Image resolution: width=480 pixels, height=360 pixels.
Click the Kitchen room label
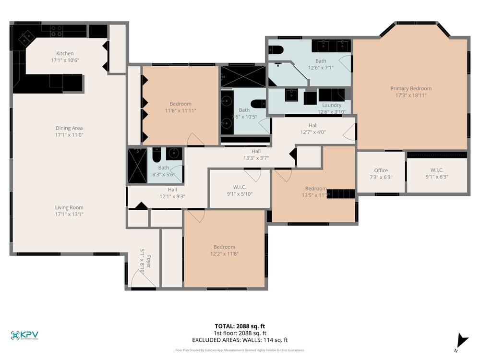pos(65,53)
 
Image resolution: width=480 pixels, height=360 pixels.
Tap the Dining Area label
pos(69,128)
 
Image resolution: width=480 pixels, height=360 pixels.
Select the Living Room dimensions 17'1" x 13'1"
pos(69,214)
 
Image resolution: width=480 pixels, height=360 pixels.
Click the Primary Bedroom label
pos(410,88)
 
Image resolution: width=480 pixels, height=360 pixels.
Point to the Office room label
pos(381,170)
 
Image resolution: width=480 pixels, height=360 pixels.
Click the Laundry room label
pos(332,105)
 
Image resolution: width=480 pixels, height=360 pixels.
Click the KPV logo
pos(24,336)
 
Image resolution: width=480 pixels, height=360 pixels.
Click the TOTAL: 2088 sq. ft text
pos(240,326)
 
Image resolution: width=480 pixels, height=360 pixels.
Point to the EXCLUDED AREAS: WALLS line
pos(240,340)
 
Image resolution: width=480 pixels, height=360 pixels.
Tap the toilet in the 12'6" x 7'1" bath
pos(276,50)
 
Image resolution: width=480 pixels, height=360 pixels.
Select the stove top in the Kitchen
pos(57,31)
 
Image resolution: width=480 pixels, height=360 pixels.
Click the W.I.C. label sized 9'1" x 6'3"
pos(437,170)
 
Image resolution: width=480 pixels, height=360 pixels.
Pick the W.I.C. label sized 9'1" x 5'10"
pos(240,187)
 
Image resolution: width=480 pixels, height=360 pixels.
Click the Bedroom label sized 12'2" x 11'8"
pos(224,247)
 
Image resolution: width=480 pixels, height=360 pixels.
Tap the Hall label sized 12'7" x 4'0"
pos(313,125)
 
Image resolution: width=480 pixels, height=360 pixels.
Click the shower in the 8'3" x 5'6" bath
pos(137,166)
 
